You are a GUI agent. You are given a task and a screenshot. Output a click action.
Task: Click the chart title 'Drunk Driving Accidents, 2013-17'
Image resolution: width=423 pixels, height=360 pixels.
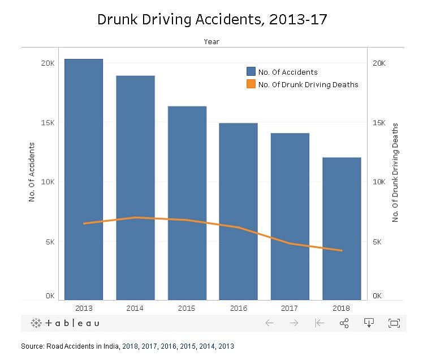[212, 19]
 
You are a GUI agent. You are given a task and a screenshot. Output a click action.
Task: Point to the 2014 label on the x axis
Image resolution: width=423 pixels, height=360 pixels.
[135, 308]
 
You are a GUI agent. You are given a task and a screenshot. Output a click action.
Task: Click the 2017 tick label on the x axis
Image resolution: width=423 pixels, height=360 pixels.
[290, 308]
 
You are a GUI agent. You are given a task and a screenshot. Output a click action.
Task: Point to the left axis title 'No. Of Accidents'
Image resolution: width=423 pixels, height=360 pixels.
[32, 172]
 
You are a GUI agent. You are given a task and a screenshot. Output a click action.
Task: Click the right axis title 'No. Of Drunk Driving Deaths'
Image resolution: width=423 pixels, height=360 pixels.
[395, 172]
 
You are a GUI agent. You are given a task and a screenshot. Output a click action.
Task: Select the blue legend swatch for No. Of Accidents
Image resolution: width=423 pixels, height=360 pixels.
[251, 72]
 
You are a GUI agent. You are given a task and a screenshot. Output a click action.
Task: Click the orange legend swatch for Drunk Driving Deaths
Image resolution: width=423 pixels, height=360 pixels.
[251, 84]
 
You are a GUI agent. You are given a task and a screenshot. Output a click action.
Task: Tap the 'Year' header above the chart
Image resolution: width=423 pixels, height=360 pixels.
[212, 41]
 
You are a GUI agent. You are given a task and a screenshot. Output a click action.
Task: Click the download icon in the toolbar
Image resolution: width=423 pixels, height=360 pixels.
[369, 323]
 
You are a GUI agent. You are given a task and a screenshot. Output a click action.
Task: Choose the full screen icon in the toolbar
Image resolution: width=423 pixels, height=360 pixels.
[394, 323]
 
